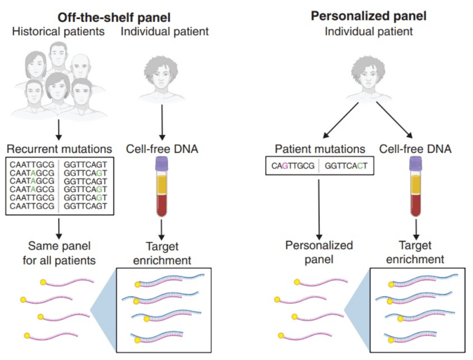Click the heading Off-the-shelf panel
pos(115,17)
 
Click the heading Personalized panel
pos(368,16)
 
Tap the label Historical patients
pos(59,32)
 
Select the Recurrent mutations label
pos(59,148)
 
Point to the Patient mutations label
pos(320,149)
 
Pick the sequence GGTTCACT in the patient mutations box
pos(346,166)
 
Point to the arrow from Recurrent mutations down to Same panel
pos(59,226)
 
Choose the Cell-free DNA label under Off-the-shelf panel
pos(162,148)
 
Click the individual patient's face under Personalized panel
pos(369,74)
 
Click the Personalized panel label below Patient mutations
pos(319,252)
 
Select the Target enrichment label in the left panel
pos(162,253)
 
